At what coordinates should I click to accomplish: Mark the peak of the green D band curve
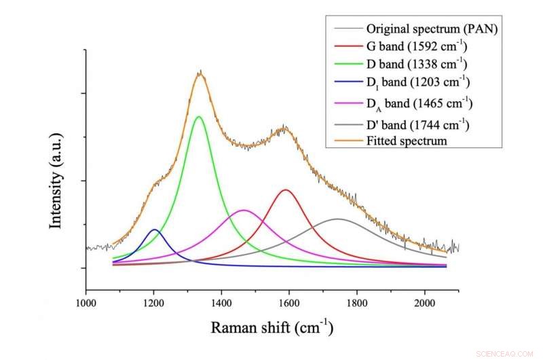click(x=199, y=117)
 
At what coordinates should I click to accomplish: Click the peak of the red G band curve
click(x=286, y=190)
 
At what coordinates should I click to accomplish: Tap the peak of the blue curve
click(x=155, y=230)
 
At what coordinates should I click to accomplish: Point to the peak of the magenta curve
click(x=244, y=211)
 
